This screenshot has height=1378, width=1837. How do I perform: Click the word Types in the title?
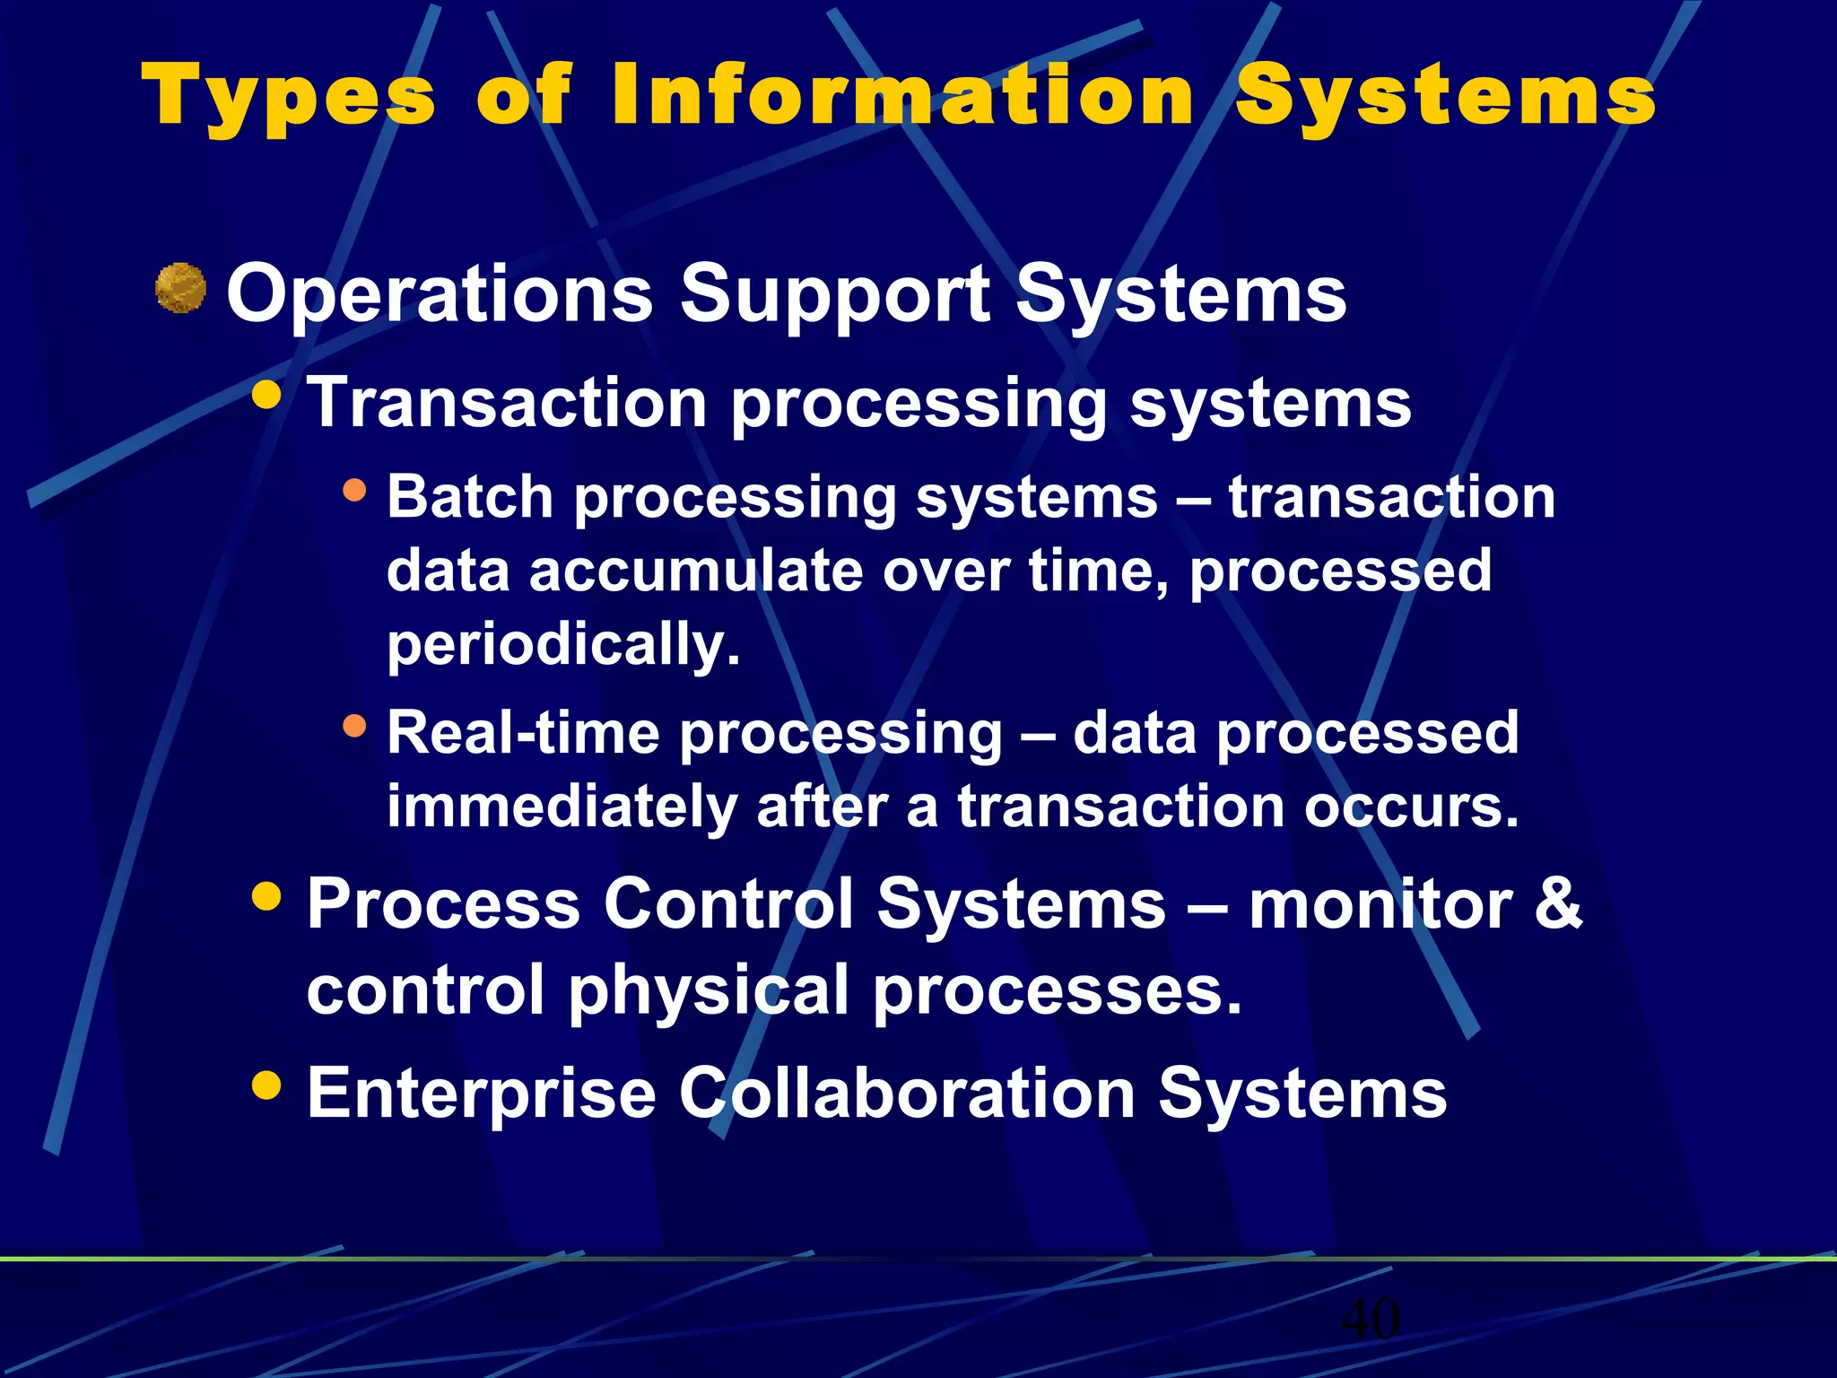289,97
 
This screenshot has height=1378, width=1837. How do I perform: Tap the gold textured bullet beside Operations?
180,288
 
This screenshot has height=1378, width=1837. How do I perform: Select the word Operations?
440,294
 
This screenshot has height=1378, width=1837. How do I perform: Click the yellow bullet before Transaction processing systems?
266,395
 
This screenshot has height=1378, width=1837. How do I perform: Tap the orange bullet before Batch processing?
355,490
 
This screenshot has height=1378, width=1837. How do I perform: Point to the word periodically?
563,645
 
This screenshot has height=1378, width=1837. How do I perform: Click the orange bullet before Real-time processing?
355,725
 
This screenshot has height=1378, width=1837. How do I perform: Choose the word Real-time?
523,732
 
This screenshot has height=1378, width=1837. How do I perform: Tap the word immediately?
561,807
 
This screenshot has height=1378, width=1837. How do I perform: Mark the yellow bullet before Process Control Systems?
266,894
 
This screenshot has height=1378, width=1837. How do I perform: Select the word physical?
709,990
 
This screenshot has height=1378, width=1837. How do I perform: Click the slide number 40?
1370,1319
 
